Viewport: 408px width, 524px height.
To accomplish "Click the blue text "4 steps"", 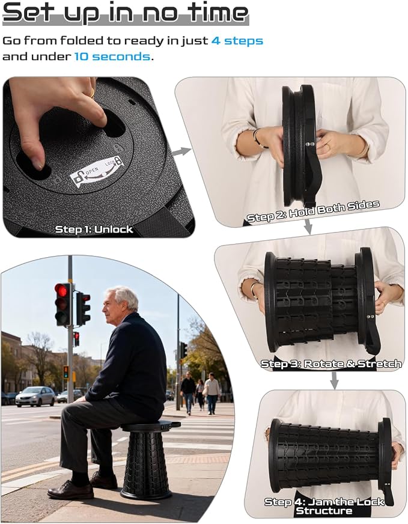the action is pyautogui.click(x=237, y=41).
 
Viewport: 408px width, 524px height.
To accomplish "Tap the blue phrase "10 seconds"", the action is pyautogui.click(x=112, y=56).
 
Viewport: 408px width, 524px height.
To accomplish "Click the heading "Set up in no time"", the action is pyautogui.click(x=126, y=13).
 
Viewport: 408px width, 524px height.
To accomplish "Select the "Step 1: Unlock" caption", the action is pyautogui.click(x=94, y=230).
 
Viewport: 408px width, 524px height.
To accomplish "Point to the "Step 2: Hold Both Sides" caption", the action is pyautogui.click(x=313, y=211).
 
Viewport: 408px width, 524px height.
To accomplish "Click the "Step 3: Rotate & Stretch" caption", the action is pyautogui.click(x=331, y=364).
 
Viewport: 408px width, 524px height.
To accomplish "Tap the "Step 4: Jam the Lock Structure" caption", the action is pyautogui.click(x=324, y=506).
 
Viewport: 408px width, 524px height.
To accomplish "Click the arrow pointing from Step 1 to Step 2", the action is pyautogui.click(x=182, y=151).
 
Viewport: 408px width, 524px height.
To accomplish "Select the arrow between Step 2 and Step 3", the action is pyautogui.click(x=308, y=227).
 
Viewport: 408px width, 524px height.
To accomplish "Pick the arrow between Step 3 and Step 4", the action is pyautogui.click(x=334, y=380).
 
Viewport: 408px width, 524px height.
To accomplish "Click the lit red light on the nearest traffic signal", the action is pyautogui.click(x=61, y=290).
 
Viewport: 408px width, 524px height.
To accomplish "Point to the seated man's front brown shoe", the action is pyautogui.click(x=70, y=490).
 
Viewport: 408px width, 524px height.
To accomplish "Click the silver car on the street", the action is pyautogui.click(x=35, y=396).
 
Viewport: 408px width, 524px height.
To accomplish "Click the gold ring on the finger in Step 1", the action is pyautogui.click(x=92, y=93).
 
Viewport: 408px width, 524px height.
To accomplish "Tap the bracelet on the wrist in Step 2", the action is pyautogui.click(x=257, y=138).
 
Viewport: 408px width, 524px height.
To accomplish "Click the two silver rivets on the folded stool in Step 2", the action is pyautogui.click(x=310, y=144).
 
